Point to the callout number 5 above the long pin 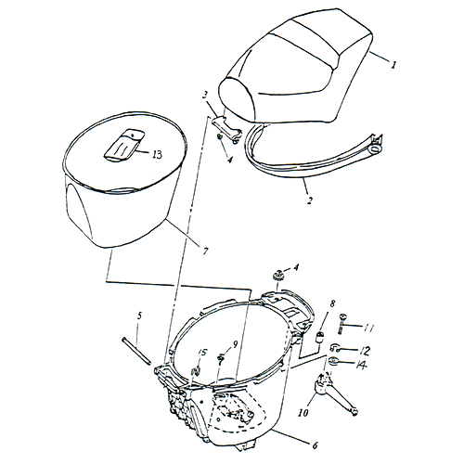[x=138, y=316]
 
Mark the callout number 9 [x=236, y=344]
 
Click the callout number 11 [x=368, y=328]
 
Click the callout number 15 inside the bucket [x=202, y=353]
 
